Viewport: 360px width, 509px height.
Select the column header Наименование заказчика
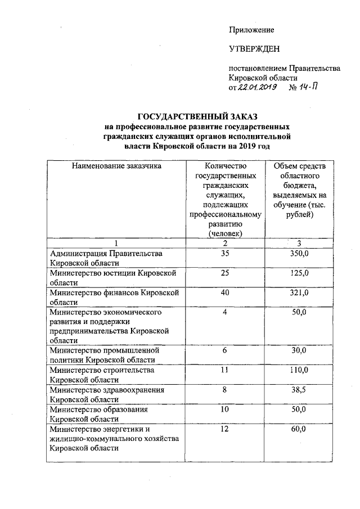tap(116, 166)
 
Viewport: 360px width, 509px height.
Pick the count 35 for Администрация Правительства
tap(224, 254)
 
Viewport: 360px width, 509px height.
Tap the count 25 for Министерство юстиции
tap(224, 273)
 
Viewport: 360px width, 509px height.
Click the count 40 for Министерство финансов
tap(224, 293)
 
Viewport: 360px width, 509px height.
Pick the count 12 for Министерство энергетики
tap(224, 429)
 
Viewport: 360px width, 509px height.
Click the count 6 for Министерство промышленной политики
tap(224, 350)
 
